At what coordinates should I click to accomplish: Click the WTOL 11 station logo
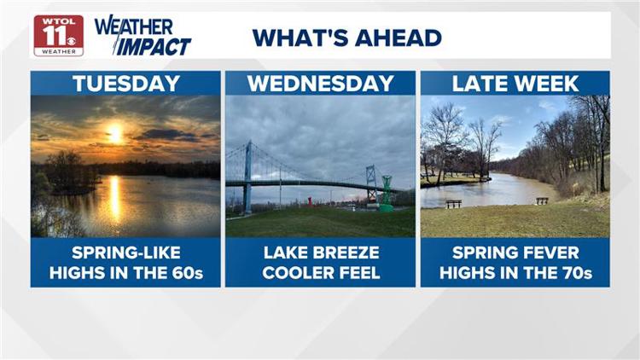tap(58, 35)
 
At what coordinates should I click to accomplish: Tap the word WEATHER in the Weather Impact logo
tap(134, 26)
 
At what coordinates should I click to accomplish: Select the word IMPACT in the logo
tap(153, 45)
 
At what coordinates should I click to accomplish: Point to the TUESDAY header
tap(125, 84)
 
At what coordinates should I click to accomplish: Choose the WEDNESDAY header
tap(320, 84)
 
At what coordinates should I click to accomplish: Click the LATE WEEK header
tap(515, 84)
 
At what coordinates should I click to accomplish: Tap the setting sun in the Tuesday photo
tap(114, 133)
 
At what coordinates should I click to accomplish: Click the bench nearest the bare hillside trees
tap(541, 201)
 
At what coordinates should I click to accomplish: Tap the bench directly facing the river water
tap(453, 204)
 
